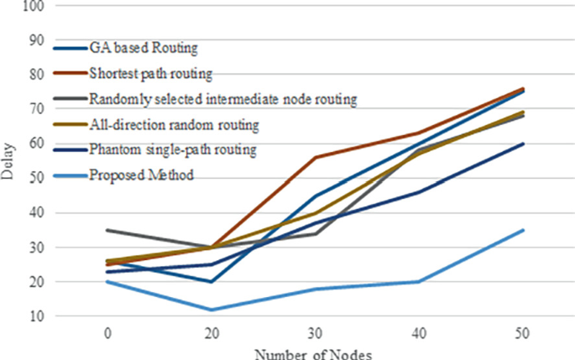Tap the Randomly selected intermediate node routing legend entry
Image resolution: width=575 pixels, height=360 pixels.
(x=223, y=99)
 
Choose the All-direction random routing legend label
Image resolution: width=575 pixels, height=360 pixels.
(x=174, y=125)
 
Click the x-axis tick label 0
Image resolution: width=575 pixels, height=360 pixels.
(x=107, y=333)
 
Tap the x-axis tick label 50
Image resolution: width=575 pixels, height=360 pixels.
(x=523, y=333)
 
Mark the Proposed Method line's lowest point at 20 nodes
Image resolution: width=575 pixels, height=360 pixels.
(x=211, y=310)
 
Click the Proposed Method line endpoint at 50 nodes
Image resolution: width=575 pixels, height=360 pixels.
(x=523, y=230)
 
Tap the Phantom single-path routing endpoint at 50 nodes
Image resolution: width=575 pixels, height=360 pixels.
(x=523, y=143)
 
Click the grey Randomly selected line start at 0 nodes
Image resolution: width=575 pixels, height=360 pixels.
(x=107, y=230)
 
